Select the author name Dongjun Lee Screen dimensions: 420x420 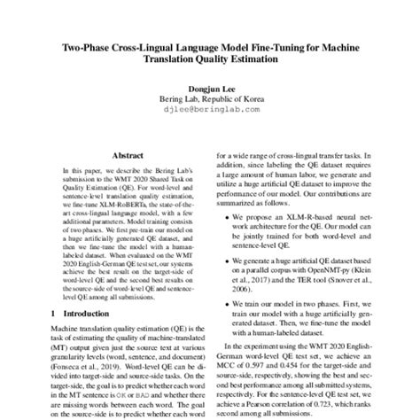click(209, 88)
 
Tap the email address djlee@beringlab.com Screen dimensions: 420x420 click(209, 112)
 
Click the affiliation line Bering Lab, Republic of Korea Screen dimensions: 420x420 click(209, 99)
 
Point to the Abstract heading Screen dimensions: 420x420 click(110, 154)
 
